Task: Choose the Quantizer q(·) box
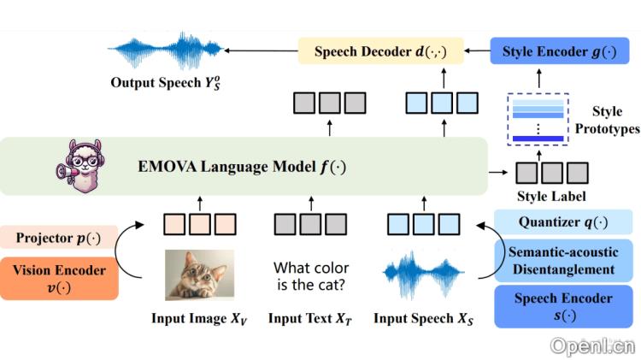(564, 223)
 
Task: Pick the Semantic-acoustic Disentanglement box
(564, 260)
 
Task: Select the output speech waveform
(163, 51)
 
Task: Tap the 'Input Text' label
(309, 319)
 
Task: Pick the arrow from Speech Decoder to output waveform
(256, 52)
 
